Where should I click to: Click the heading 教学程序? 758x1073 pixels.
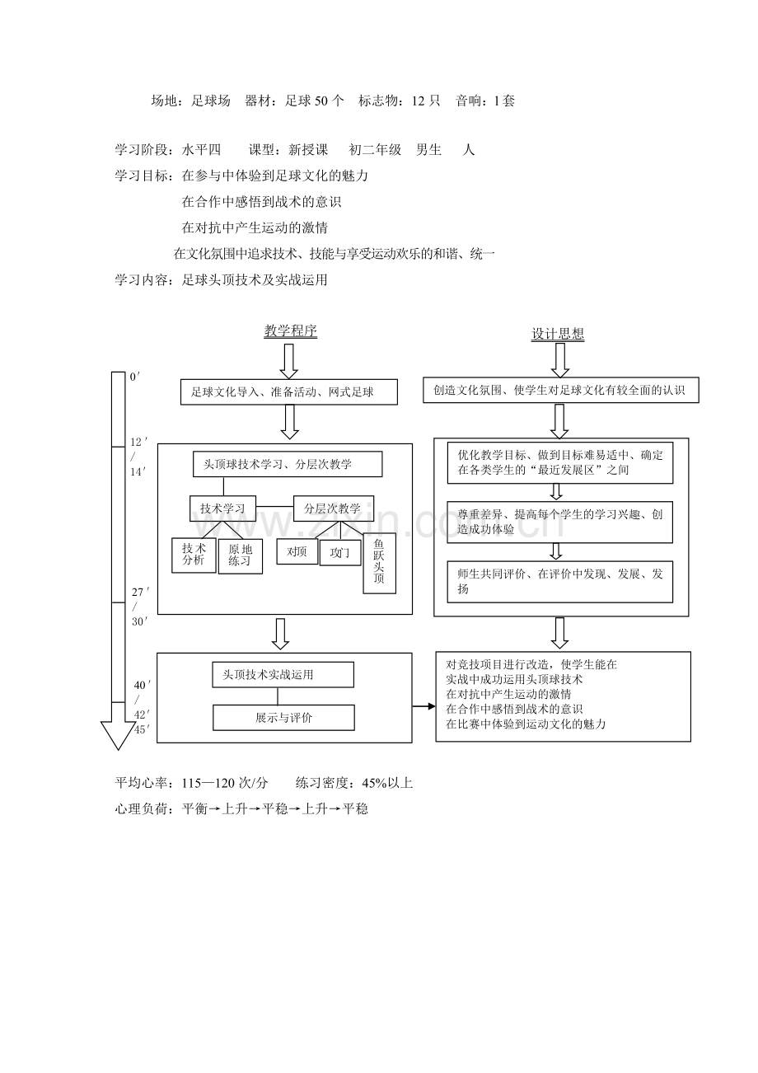click(x=290, y=330)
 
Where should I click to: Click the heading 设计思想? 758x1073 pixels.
click(x=558, y=334)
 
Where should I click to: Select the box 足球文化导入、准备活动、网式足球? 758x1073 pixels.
click(x=288, y=392)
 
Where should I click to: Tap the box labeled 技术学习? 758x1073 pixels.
click(x=222, y=508)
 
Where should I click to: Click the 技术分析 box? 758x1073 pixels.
click(x=194, y=555)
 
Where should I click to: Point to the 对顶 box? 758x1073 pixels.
click(x=297, y=551)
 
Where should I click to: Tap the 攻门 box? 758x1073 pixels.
click(x=339, y=553)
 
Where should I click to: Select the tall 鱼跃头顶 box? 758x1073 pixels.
click(x=379, y=563)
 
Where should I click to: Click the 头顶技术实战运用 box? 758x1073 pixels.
click(x=283, y=675)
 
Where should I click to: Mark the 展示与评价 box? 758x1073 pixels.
click(x=283, y=718)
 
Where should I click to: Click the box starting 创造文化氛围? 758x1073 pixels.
click(x=560, y=390)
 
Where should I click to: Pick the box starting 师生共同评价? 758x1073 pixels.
click(x=560, y=582)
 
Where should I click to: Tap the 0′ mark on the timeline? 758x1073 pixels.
click(x=135, y=377)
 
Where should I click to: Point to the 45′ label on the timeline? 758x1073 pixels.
click(x=139, y=729)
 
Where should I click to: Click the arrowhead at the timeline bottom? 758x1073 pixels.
click(x=117, y=734)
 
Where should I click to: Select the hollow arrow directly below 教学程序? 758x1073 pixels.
click(x=289, y=360)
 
